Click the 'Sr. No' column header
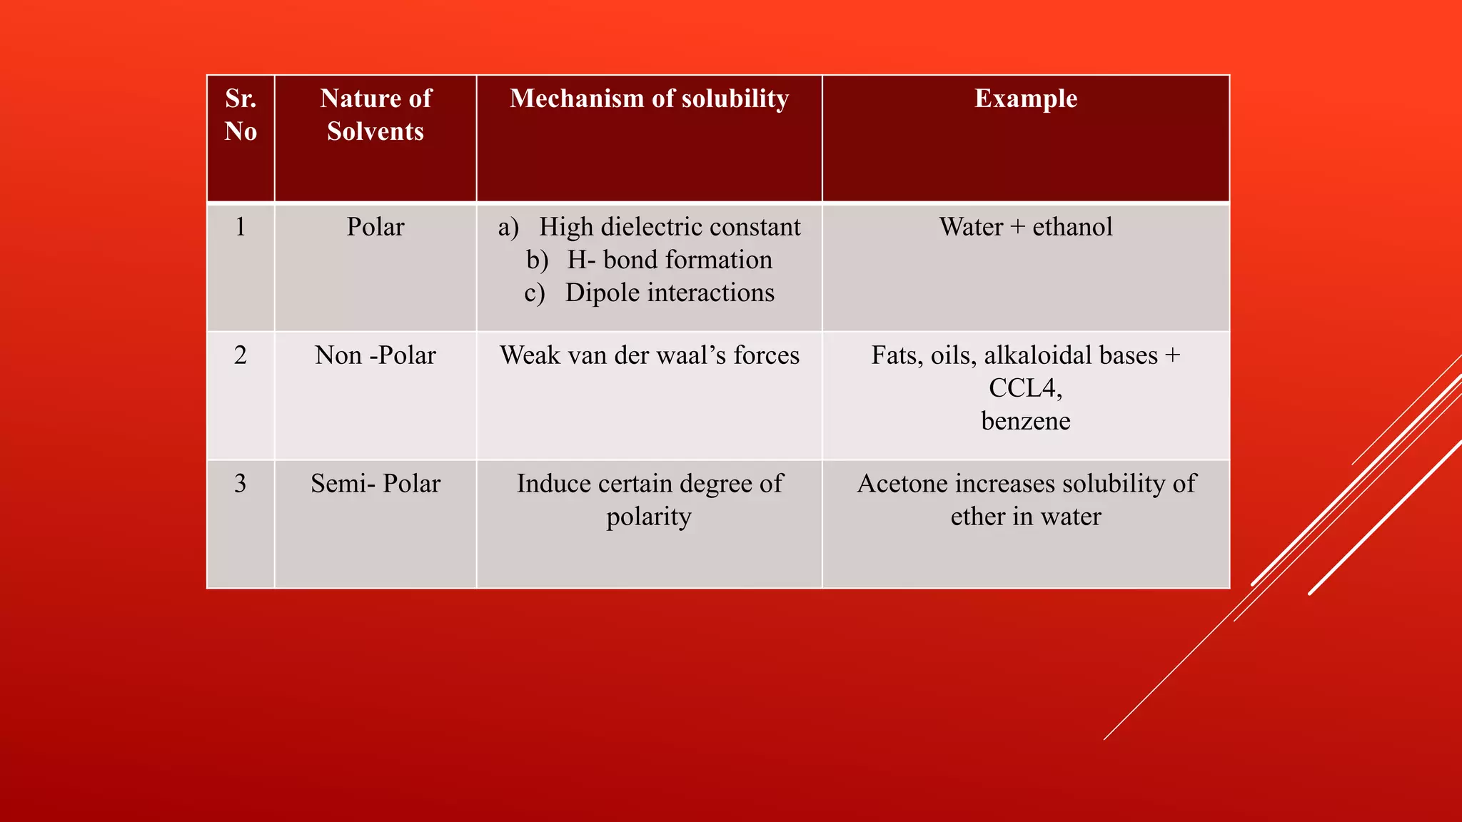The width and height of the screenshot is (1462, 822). tap(241, 115)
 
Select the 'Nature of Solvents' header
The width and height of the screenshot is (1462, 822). tap(375, 115)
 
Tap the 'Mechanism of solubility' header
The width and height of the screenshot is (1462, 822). tap(649, 98)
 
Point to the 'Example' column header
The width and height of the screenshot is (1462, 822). tap(1026, 98)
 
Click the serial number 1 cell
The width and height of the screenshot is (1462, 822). tap(241, 227)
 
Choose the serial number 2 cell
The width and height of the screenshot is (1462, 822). tap(241, 355)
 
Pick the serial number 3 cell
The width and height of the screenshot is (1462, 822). tap(241, 484)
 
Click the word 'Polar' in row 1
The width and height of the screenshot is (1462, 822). tap(375, 227)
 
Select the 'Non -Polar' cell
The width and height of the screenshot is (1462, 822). tap(375, 355)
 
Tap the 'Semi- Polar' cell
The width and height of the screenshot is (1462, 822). tap(375, 484)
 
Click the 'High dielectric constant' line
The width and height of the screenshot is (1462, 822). tap(669, 227)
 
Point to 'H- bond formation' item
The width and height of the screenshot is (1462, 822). tap(669, 260)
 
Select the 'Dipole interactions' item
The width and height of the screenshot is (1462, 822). tap(669, 293)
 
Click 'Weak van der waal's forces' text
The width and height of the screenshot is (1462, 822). tap(649, 355)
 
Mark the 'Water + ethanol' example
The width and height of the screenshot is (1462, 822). tap(1026, 227)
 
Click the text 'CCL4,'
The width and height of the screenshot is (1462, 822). tap(1026, 388)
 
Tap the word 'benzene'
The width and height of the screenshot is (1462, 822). tap(1026, 421)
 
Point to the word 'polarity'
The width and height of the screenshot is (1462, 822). tap(649, 517)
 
